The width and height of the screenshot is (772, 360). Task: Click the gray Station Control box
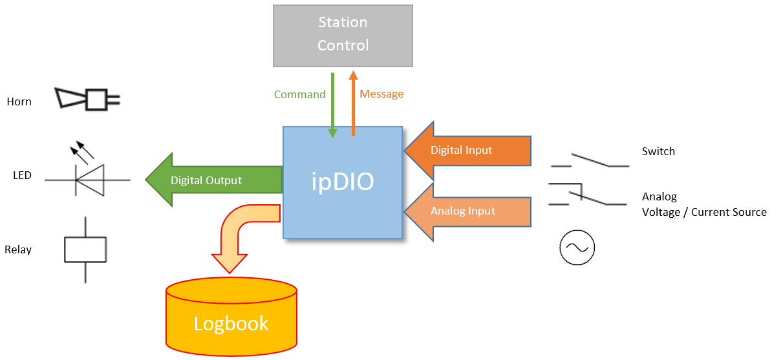[x=343, y=36]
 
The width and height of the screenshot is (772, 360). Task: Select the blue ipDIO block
[x=343, y=182]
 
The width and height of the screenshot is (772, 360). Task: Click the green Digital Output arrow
[x=213, y=180]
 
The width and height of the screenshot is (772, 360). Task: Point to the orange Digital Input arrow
[x=467, y=150]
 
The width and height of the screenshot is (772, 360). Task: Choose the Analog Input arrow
[x=467, y=212]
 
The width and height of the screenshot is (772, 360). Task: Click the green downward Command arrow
[x=333, y=105]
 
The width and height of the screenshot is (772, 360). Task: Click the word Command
[x=300, y=94]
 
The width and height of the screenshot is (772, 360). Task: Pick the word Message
[x=382, y=94]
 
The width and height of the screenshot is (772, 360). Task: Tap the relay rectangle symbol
[x=85, y=249]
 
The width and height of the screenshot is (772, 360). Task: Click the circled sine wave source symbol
[x=577, y=248]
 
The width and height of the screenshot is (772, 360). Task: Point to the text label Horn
[x=19, y=102]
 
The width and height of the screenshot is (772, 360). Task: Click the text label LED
[x=22, y=175]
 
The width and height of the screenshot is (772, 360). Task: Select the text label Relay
[x=17, y=249]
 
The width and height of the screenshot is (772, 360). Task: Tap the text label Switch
[x=658, y=151]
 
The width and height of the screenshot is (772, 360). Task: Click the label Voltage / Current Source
[x=704, y=212]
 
